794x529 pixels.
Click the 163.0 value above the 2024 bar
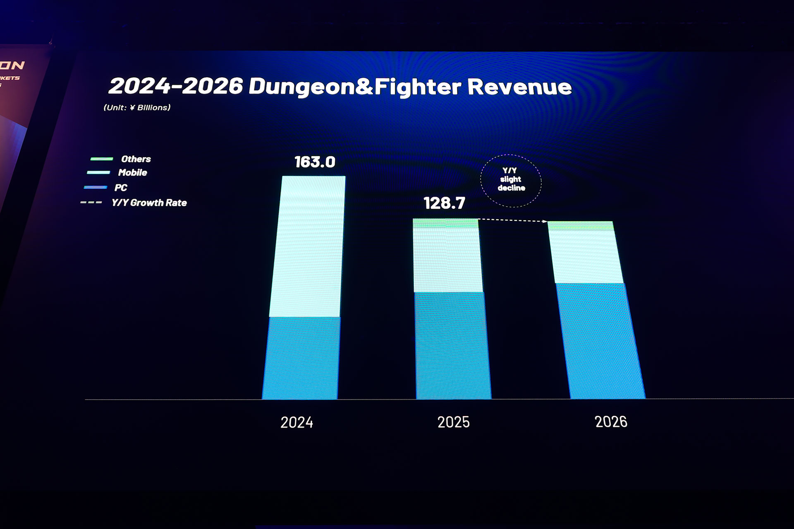pyautogui.click(x=315, y=162)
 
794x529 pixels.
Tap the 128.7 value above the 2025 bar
pyautogui.click(x=444, y=203)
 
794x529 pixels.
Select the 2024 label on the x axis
pyautogui.click(x=297, y=422)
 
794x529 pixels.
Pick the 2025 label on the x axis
pyautogui.click(x=453, y=422)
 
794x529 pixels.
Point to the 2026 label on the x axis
pyautogui.click(x=611, y=422)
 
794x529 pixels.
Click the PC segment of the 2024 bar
pyautogui.click(x=302, y=358)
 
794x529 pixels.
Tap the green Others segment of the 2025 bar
pyautogui.click(x=446, y=223)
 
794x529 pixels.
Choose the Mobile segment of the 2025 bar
pyautogui.click(x=447, y=260)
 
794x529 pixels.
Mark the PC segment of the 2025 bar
pyautogui.click(x=452, y=346)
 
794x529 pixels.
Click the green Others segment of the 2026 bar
pyautogui.click(x=581, y=226)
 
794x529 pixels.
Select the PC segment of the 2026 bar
pyautogui.click(x=600, y=341)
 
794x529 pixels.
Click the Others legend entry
pyautogui.click(x=135, y=159)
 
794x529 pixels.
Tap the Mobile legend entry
pyautogui.click(x=132, y=173)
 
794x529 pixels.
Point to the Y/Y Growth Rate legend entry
pyautogui.click(x=149, y=203)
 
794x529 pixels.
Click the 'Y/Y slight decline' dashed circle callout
pyautogui.click(x=511, y=180)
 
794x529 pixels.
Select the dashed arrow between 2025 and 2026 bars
pyautogui.click(x=513, y=220)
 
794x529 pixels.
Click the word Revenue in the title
pyautogui.click(x=519, y=87)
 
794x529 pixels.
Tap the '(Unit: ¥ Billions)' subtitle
pyautogui.click(x=137, y=108)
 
